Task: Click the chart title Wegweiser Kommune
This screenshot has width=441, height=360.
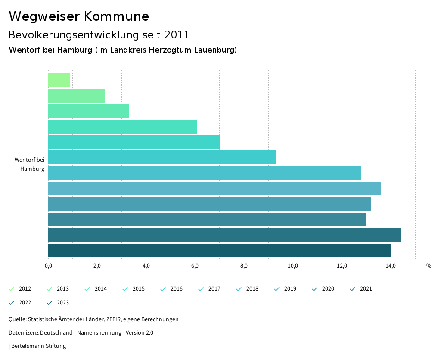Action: coord(79,16)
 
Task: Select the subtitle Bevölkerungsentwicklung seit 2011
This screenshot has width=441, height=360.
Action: coord(99,34)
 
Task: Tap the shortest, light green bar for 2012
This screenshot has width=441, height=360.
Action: coord(59,80)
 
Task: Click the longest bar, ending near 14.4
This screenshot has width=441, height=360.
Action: coord(224,235)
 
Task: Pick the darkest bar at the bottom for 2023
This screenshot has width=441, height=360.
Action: coord(219,250)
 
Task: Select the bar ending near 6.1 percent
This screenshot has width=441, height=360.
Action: coord(123,127)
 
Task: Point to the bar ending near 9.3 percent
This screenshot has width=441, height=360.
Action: coord(162,157)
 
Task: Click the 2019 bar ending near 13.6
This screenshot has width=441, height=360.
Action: coord(214,188)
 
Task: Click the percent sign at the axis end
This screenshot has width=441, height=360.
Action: coord(429,266)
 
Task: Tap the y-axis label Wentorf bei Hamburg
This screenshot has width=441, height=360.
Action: coord(30,164)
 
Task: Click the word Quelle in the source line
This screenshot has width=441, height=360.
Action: coord(17,319)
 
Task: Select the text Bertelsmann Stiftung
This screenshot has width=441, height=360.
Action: coord(38,346)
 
